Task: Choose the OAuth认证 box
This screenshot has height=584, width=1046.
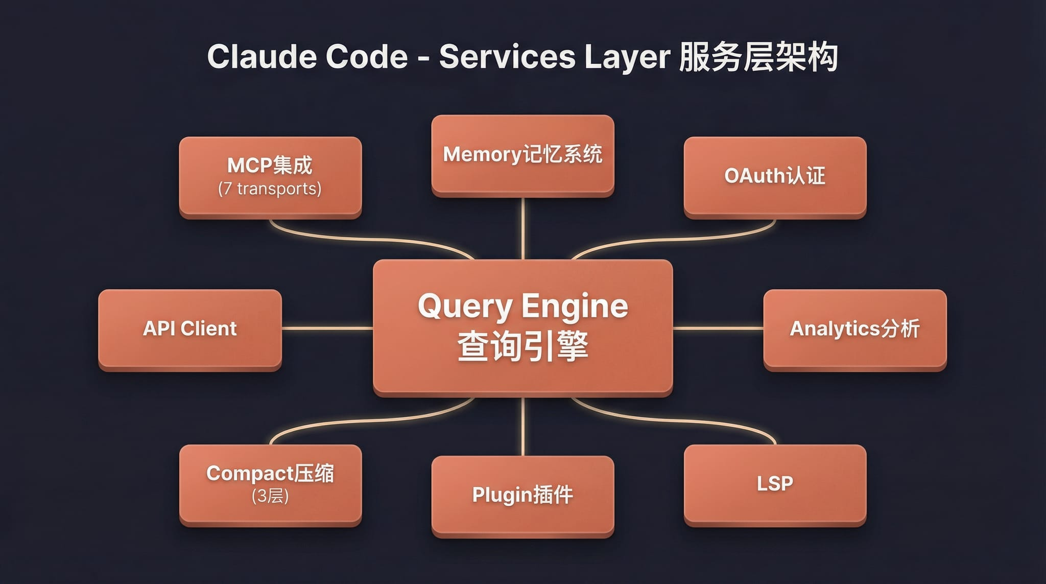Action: coord(775,176)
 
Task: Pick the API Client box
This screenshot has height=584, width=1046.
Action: coord(189,329)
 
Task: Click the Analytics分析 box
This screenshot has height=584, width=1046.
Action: coord(854,329)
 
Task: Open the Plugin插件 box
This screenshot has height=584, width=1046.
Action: coord(522,495)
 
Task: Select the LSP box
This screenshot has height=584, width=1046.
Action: coord(775,483)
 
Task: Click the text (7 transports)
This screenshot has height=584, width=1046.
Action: coord(270,189)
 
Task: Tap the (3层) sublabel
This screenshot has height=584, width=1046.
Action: coord(270,496)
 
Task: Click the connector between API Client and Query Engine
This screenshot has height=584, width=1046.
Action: coord(327,328)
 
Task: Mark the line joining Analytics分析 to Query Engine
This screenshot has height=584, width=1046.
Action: coord(718,328)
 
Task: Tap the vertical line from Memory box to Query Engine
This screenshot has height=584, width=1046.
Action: coord(522,228)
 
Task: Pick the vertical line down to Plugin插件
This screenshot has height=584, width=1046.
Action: coord(522,427)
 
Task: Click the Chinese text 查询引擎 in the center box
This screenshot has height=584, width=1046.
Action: coord(522,346)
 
